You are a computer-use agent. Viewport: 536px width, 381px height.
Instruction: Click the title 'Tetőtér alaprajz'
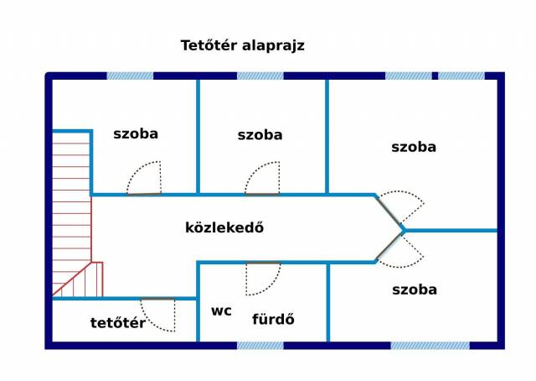pyautogui.click(x=242, y=45)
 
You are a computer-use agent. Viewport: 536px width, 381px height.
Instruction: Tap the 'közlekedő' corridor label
pyautogui.click(x=224, y=227)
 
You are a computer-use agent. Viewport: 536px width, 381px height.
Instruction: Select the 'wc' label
pyautogui.click(x=221, y=311)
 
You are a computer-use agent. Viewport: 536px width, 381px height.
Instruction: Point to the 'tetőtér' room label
pyautogui.click(x=118, y=323)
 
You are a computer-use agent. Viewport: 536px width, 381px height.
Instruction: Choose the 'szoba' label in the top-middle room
pyautogui.click(x=260, y=135)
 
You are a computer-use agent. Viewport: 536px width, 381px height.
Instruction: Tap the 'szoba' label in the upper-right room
pyautogui.click(x=414, y=147)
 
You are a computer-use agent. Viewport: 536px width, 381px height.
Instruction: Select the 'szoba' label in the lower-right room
pyautogui.click(x=415, y=290)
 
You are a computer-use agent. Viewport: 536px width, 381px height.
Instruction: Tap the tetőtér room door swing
pyautogui.click(x=160, y=313)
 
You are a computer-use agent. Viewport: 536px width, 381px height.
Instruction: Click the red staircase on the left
pyautogui.click(x=72, y=218)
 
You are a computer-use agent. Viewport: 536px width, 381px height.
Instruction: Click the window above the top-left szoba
pyautogui.click(x=130, y=76)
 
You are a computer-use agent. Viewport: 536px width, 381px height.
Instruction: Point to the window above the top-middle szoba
pyautogui.click(x=260, y=76)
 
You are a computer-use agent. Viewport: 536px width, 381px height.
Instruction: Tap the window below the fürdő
pyautogui.click(x=260, y=345)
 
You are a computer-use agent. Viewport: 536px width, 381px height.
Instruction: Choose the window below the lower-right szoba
pyautogui.click(x=430, y=345)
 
